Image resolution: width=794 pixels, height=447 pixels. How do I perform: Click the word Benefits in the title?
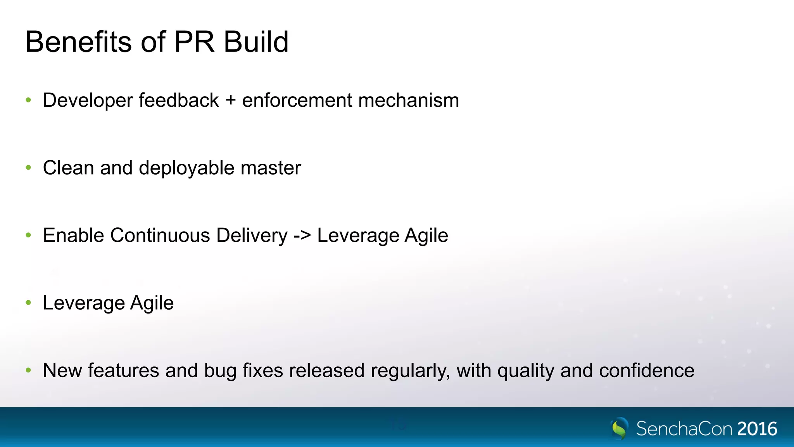coord(78,42)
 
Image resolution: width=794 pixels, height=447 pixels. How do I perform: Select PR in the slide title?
coord(194,42)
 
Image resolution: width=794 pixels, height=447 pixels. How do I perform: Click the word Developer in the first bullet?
coord(88,100)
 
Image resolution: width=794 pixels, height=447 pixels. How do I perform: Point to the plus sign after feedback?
coord(231,100)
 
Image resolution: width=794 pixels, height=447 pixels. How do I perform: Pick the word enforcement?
coord(297,100)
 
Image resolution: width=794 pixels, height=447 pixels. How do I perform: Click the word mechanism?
coord(409,100)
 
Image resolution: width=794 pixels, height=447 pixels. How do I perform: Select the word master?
coord(271,168)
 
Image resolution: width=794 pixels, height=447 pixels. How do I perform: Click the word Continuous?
coord(160,236)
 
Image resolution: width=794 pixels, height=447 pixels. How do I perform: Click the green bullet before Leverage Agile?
coord(28,303)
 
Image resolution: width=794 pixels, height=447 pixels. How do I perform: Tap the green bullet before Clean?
coord(28,168)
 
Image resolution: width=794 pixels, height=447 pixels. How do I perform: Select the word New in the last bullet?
coord(62,371)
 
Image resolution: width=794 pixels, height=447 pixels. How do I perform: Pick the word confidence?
coord(646,371)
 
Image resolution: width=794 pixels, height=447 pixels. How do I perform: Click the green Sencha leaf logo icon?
coord(619,428)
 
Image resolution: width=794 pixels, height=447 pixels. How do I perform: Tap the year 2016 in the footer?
coord(757,429)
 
